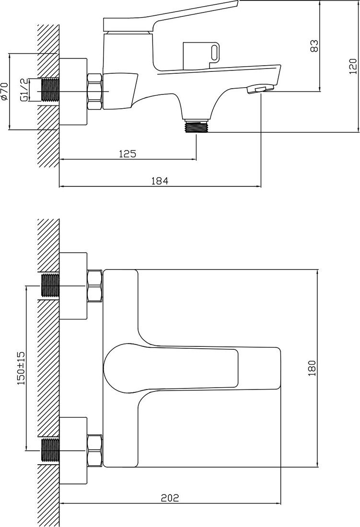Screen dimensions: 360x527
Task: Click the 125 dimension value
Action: (128, 154)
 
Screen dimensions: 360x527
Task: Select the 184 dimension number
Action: (160, 181)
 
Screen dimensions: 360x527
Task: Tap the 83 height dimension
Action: (314, 46)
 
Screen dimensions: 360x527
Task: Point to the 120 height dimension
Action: (353, 66)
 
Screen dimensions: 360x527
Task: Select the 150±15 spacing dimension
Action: (21, 368)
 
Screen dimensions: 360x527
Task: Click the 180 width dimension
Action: (312, 368)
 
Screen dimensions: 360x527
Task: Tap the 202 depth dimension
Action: (170, 498)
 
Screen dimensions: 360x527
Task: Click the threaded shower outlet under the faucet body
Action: (197, 126)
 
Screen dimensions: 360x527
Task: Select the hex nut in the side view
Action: (94, 92)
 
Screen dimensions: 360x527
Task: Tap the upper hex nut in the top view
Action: (94, 286)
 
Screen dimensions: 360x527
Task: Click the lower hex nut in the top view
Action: (94, 450)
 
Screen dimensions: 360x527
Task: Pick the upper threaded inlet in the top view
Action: (50, 286)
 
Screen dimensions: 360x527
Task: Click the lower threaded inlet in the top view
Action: (50, 450)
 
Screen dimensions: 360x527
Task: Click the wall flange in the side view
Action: (73, 92)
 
